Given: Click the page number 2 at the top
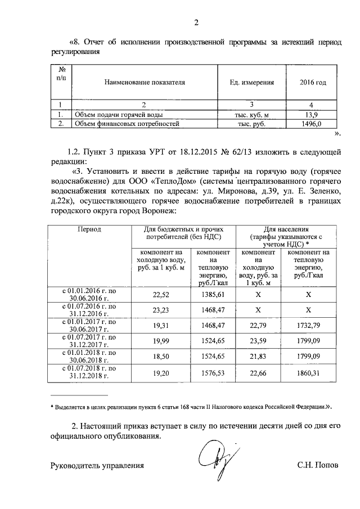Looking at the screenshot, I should tap(196, 22).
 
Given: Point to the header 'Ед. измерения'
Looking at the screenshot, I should tap(251, 82).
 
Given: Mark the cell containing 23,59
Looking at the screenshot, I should tap(259, 340).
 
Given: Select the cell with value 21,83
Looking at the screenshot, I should tap(259, 356).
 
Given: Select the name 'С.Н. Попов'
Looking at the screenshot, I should tap(318, 466).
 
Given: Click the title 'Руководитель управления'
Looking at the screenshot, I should tap(97, 466).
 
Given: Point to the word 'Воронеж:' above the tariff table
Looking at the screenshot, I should tap(161, 210).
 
